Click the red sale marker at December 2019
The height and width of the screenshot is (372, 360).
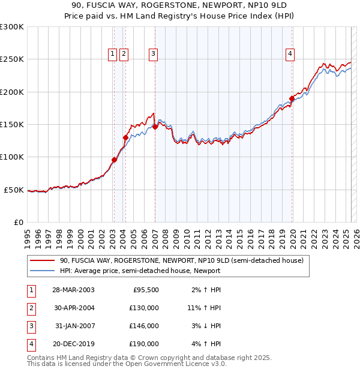(292, 98)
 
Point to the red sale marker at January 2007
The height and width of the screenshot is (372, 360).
(155, 127)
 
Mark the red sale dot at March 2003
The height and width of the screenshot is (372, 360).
(114, 160)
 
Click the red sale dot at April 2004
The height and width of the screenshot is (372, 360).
(125, 137)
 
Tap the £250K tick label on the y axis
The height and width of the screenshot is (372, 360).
(12, 59)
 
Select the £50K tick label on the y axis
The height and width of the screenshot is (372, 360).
(14, 190)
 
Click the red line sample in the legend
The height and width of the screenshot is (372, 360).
(42, 261)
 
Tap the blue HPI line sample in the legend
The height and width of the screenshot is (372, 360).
(42, 271)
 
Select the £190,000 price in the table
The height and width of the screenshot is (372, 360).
(145, 344)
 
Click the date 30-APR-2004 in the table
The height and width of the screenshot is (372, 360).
(73, 308)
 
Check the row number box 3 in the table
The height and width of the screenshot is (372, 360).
(31, 326)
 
